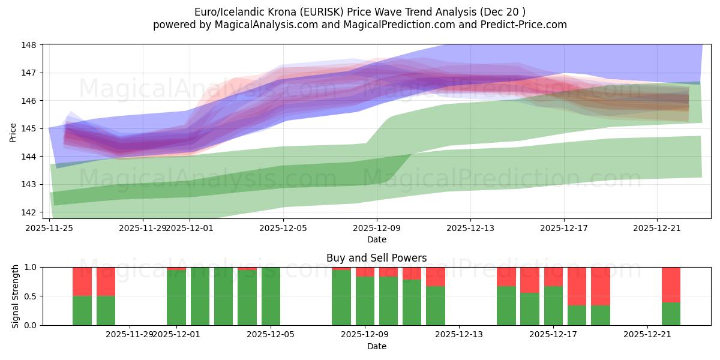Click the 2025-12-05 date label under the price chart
click(283, 228)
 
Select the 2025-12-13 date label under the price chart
click(470, 228)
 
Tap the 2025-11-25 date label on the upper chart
click(49, 228)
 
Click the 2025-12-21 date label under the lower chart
click(647, 335)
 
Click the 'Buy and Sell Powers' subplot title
click(376, 258)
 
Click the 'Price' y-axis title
click(13, 133)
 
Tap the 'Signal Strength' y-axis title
click(15, 296)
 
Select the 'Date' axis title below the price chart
click(376, 239)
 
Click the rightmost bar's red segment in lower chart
click(671, 284)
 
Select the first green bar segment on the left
click(82, 311)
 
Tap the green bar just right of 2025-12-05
click(271, 296)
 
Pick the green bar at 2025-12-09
click(365, 301)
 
